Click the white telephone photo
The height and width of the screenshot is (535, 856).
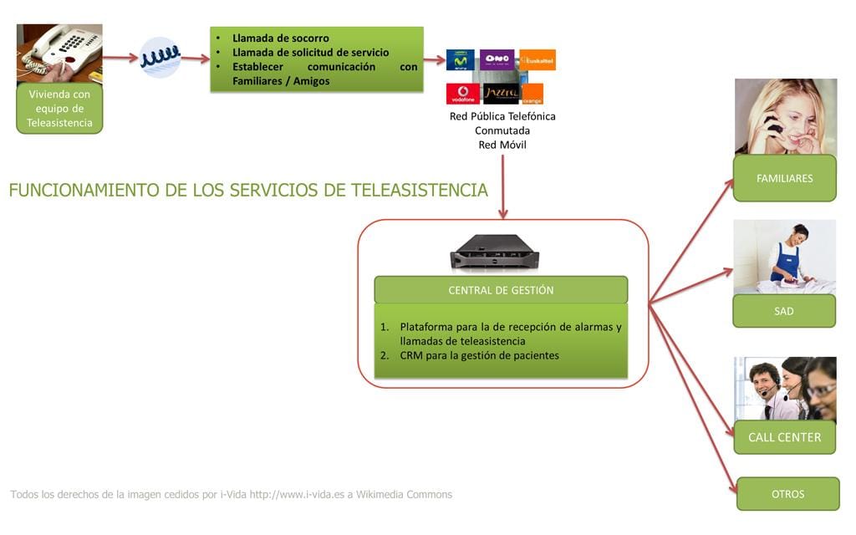(59, 50)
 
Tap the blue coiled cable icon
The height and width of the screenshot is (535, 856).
(160, 58)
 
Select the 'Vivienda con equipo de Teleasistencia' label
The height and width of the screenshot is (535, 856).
(59, 109)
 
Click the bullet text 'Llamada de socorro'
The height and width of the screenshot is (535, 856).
(281, 38)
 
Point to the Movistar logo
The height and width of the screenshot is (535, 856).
(460, 59)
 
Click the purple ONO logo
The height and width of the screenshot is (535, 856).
(497, 59)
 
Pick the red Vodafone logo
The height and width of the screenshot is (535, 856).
(462, 94)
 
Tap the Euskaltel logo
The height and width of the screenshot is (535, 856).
(536, 59)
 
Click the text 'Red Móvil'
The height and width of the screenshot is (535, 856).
(502, 145)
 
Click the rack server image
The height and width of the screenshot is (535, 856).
(494, 252)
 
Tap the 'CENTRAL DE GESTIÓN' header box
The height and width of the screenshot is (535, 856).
(501, 290)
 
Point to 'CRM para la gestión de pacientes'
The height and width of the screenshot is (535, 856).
(479, 355)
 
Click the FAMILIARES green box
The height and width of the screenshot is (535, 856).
(784, 178)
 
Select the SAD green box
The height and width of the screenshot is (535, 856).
(784, 311)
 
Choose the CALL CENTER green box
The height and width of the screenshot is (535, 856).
(784, 437)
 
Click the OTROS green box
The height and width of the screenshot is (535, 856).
(787, 494)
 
